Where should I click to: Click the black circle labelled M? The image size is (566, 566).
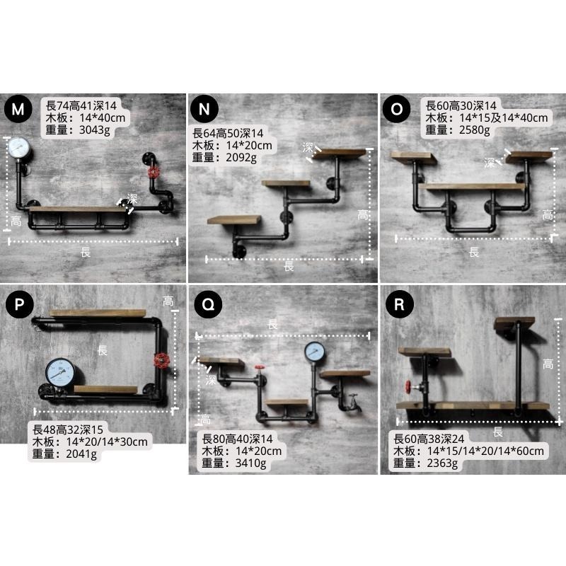click(18, 109)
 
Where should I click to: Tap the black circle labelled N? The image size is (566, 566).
click(204, 109)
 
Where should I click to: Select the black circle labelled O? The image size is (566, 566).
click(396, 109)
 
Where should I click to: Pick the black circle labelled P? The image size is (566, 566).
click(20, 304)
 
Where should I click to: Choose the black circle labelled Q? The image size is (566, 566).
click(208, 304)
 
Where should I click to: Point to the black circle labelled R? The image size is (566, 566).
click(399, 304)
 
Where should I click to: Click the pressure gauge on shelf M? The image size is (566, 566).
click(18, 147)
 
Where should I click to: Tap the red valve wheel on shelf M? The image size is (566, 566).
click(154, 172)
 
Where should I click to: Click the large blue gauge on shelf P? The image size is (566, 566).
click(60, 373)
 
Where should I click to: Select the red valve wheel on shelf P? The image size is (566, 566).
click(161, 360)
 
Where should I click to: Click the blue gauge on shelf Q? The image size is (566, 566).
click(315, 352)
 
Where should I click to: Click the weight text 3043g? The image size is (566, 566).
click(95, 130)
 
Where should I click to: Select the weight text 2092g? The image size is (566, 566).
click(241, 158)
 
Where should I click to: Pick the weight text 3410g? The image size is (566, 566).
click(250, 463)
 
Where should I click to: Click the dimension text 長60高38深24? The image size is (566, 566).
click(429, 439)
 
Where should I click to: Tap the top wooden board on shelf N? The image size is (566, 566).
click(340, 154)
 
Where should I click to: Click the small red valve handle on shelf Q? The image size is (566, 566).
click(260, 367)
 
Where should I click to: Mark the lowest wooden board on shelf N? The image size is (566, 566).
click(234, 220)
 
